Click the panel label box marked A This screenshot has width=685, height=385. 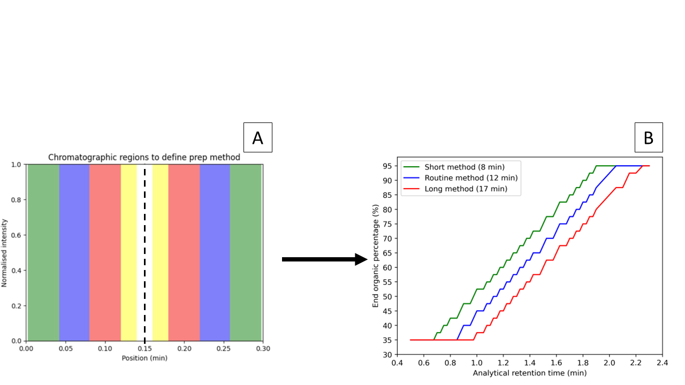point(257,137)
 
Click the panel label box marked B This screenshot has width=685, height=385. point(648,137)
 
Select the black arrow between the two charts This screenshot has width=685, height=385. point(324,259)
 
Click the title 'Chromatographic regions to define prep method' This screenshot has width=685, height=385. point(144,157)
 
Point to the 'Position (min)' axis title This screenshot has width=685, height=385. point(144,358)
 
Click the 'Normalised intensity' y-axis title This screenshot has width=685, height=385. point(5,252)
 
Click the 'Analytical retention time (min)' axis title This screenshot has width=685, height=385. point(529,373)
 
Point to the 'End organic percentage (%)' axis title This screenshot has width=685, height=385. point(376,256)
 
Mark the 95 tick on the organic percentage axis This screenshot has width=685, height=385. point(388,166)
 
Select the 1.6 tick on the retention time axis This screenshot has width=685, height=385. point(557,362)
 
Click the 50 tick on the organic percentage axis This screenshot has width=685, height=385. point(388,296)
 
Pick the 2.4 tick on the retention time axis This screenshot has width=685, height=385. point(663,362)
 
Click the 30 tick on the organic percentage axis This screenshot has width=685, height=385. point(388,355)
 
